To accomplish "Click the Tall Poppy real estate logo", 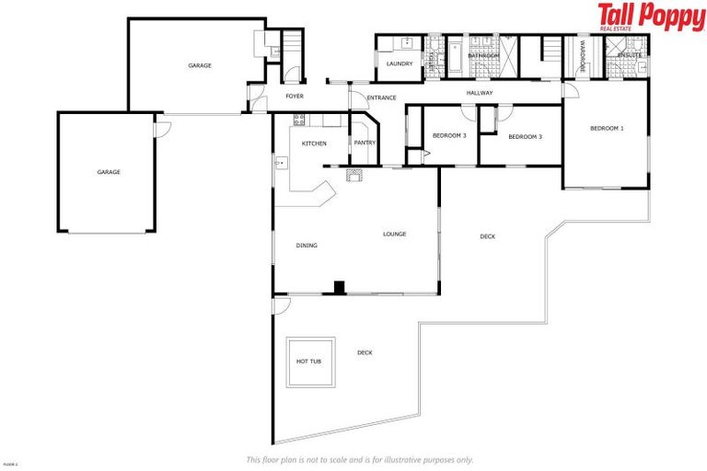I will click(x=650, y=17).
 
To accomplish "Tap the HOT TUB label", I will click(x=308, y=362).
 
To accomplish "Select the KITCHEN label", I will click(x=314, y=144).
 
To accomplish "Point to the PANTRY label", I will click(x=365, y=143).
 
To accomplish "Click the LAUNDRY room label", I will click(x=399, y=63).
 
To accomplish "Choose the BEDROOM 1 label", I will click(x=607, y=128).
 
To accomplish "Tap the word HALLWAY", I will click(x=480, y=93).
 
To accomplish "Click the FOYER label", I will click(x=295, y=96).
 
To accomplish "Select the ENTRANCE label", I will click(x=381, y=98).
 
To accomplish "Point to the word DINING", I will click(x=307, y=246).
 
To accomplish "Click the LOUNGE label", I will click(x=394, y=235).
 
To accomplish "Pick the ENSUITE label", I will click(x=630, y=55).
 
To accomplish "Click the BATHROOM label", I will click(x=482, y=56).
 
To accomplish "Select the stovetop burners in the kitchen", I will click(x=298, y=119).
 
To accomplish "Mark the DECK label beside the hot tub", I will click(x=365, y=352).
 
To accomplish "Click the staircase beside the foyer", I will click(x=292, y=44).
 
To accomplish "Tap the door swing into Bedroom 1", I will click(x=571, y=90).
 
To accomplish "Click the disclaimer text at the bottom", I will click(x=360, y=459).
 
